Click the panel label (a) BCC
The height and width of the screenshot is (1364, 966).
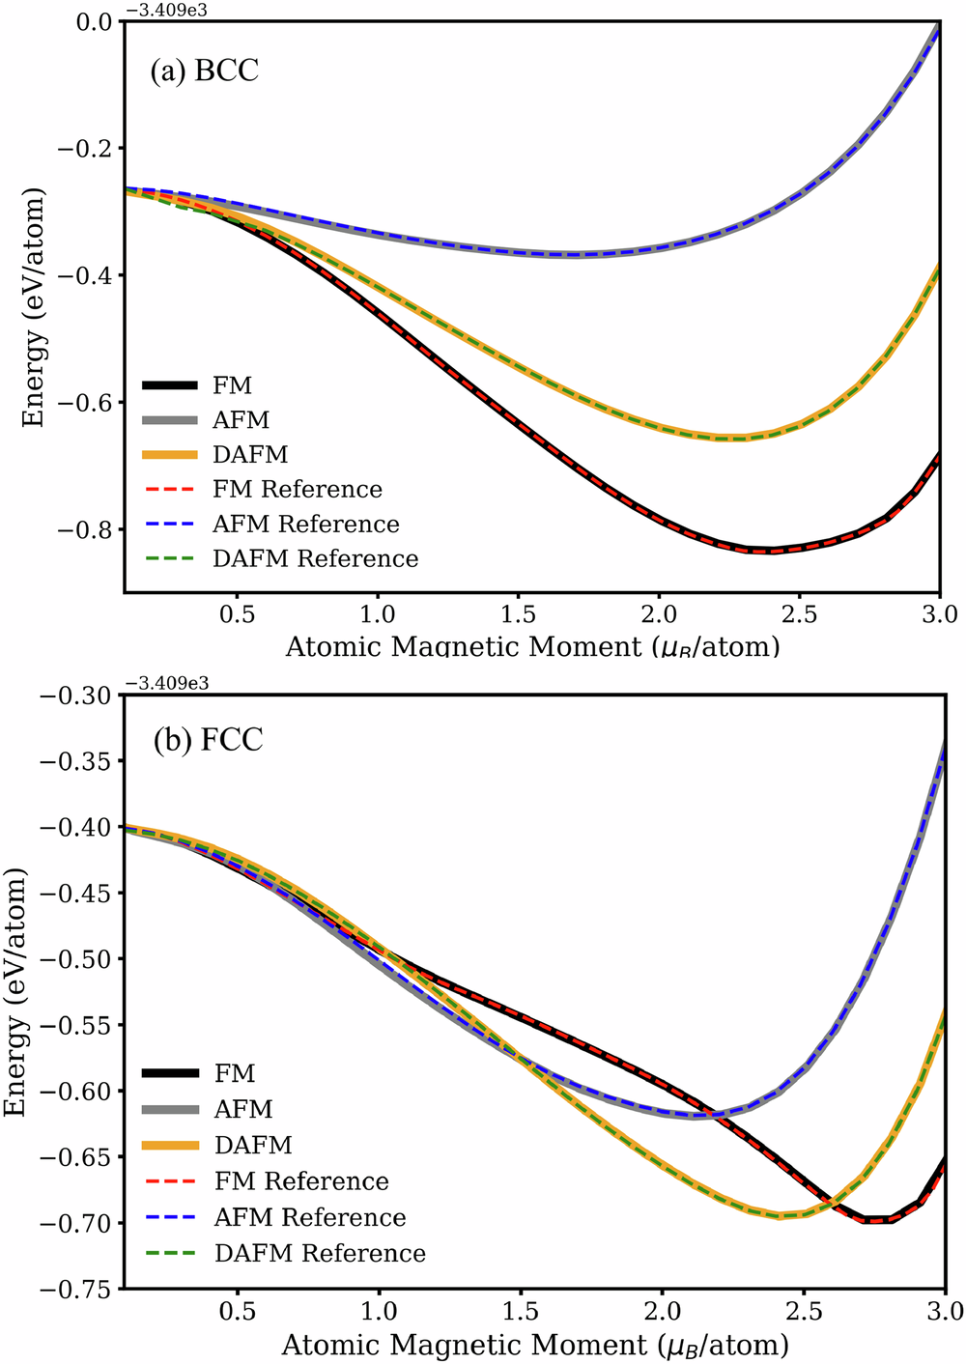point(204,71)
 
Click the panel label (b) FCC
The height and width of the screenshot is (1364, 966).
point(208,740)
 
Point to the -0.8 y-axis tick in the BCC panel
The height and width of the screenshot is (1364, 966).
point(89,529)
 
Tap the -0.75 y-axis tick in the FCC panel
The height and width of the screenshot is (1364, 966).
point(82,1289)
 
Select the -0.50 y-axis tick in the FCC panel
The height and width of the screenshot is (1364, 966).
point(82,959)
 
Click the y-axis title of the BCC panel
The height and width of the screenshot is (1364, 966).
point(35,307)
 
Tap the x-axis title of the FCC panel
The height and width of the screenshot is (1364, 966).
point(534,1344)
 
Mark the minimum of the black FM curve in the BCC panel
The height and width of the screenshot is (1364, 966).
point(770,552)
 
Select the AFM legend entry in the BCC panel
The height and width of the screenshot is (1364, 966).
point(241,420)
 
